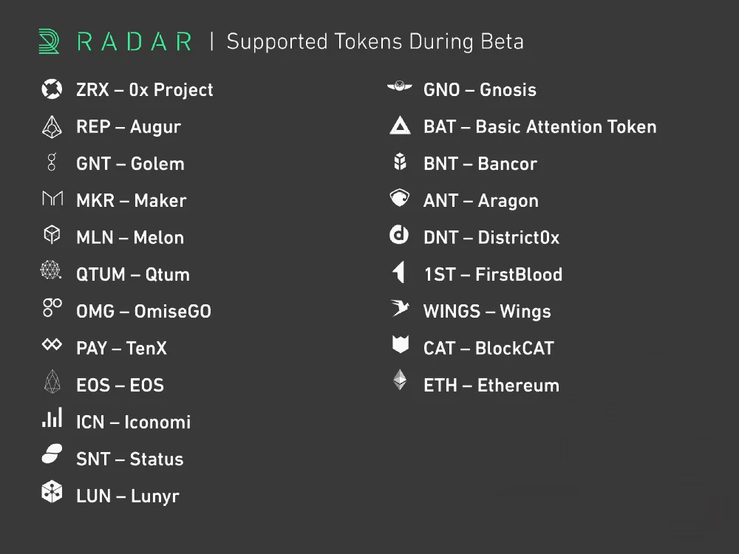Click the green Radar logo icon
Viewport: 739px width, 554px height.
pyautogui.click(x=49, y=41)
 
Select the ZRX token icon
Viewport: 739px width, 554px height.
pyautogui.click(x=52, y=89)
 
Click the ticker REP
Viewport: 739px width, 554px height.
pyautogui.click(x=93, y=127)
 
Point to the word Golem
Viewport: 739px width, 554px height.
pyautogui.click(x=157, y=163)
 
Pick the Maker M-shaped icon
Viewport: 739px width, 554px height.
pyautogui.click(x=52, y=198)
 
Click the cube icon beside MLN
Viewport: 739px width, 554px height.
pyautogui.click(x=52, y=234)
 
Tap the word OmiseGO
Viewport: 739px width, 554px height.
pyautogui.click(x=172, y=312)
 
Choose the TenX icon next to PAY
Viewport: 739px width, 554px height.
pyautogui.click(x=52, y=344)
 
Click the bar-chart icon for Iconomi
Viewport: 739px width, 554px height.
pyautogui.click(x=52, y=418)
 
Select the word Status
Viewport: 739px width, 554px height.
pyautogui.click(x=157, y=459)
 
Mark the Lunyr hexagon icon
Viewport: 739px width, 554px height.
pyautogui.click(x=52, y=492)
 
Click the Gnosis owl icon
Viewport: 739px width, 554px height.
pyautogui.click(x=400, y=86)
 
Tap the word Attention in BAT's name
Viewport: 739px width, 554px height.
pyautogui.click(x=565, y=127)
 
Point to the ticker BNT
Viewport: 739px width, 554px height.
pyautogui.click(x=440, y=163)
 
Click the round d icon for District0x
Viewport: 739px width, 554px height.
pyautogui.click(x=399, y=235)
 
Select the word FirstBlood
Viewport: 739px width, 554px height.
pyautogui.click(x=519, y=274)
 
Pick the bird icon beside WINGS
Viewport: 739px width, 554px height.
pyautogui.click(x=400, y=308)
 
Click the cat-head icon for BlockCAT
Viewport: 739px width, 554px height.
pyautogui.click(x=400, y=344)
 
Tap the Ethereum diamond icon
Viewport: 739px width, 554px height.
pyautogui.click(x=400, y=380)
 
